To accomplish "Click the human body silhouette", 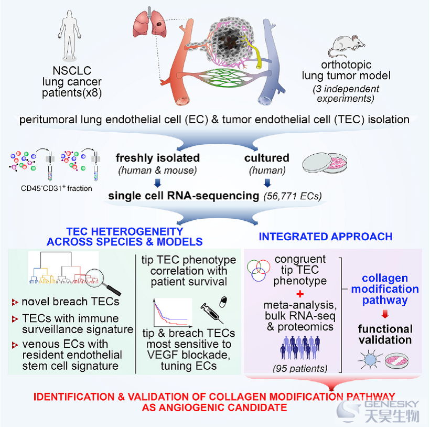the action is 69,35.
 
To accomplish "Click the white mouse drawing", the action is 347,46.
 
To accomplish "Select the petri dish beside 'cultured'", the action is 325,163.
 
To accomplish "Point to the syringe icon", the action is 212,313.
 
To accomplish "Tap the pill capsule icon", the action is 223,302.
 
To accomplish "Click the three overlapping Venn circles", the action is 259,270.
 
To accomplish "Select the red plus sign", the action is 300,294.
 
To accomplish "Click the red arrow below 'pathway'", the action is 385,314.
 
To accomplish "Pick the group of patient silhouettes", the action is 300,347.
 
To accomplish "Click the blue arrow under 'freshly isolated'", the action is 157,183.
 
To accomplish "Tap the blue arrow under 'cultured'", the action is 267,183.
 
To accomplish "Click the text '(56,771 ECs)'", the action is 293,196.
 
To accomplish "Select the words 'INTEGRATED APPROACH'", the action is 326,237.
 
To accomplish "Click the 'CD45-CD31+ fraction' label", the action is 57,188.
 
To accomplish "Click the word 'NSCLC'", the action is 72,71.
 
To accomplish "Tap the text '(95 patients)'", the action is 300,368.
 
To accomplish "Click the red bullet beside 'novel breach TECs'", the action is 15,302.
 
